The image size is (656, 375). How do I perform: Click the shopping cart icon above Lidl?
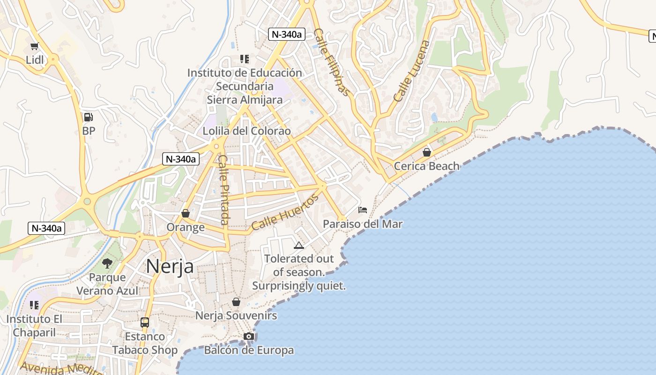tap(34, 46)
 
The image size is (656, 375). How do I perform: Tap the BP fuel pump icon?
tap(88, 117)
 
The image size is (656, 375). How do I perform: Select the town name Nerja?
tap(170, 266)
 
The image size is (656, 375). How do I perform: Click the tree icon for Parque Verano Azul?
tap(107, 263)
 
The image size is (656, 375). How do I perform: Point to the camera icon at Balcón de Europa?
tap(249, 336)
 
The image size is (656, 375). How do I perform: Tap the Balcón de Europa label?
tap(249, 350)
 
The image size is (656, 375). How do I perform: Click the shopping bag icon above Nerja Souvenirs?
tap(236, 302)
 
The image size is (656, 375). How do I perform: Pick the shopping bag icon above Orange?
tap(186, 213)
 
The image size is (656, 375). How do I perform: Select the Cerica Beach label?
tap(426, 166)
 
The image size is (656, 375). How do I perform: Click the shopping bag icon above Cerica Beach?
tap(426, 152)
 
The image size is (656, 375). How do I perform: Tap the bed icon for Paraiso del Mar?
tap(363, 210)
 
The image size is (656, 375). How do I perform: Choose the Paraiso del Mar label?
tap(363, 224)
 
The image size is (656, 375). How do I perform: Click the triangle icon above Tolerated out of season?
tap(299, 245)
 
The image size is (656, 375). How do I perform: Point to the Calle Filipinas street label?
tap(332, 62)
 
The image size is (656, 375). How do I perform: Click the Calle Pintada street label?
tap(224, 190)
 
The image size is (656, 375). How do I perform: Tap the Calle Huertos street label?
tap(285, 212)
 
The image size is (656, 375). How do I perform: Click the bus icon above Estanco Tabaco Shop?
tap(145, 322)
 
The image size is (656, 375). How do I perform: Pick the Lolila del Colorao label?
tap(246, 131)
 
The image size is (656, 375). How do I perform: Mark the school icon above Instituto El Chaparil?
tap(34, 305)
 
